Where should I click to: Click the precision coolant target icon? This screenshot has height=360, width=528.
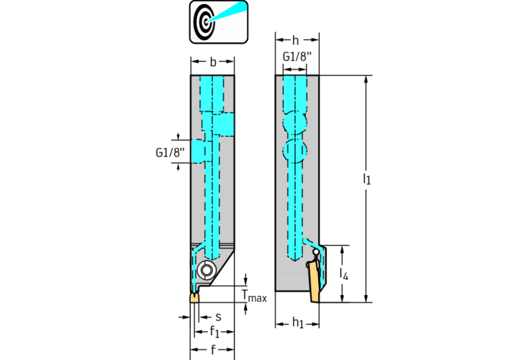coord(218,22)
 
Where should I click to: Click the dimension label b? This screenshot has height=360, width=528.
coord(213,62)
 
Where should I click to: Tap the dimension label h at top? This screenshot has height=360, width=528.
coord(295,41)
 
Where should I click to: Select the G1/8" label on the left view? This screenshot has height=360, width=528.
coord(170,153)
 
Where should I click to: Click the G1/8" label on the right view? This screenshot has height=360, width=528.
coord(295,56)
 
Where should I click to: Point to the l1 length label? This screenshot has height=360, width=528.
coord(367,178)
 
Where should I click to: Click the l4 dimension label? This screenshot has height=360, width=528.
coord(344,274)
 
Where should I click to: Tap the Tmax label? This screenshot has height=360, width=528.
coord(254,296)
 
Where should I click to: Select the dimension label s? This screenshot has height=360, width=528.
coord(218,317)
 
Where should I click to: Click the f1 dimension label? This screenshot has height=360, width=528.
coord(215,332)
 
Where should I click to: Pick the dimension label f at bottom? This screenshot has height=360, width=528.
coord(213,350)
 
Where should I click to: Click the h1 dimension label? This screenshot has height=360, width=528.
coord(298,323)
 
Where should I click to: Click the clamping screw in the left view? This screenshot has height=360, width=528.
coord(206,269)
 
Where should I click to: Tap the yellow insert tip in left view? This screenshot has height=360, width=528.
coord(194,297)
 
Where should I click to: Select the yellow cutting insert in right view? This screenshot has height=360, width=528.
coord(314,282)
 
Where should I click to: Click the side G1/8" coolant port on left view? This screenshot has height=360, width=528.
coord(198,151)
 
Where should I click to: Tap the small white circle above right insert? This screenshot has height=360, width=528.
coord(316,251)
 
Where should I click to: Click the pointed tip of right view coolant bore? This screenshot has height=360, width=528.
coord(295,262)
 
